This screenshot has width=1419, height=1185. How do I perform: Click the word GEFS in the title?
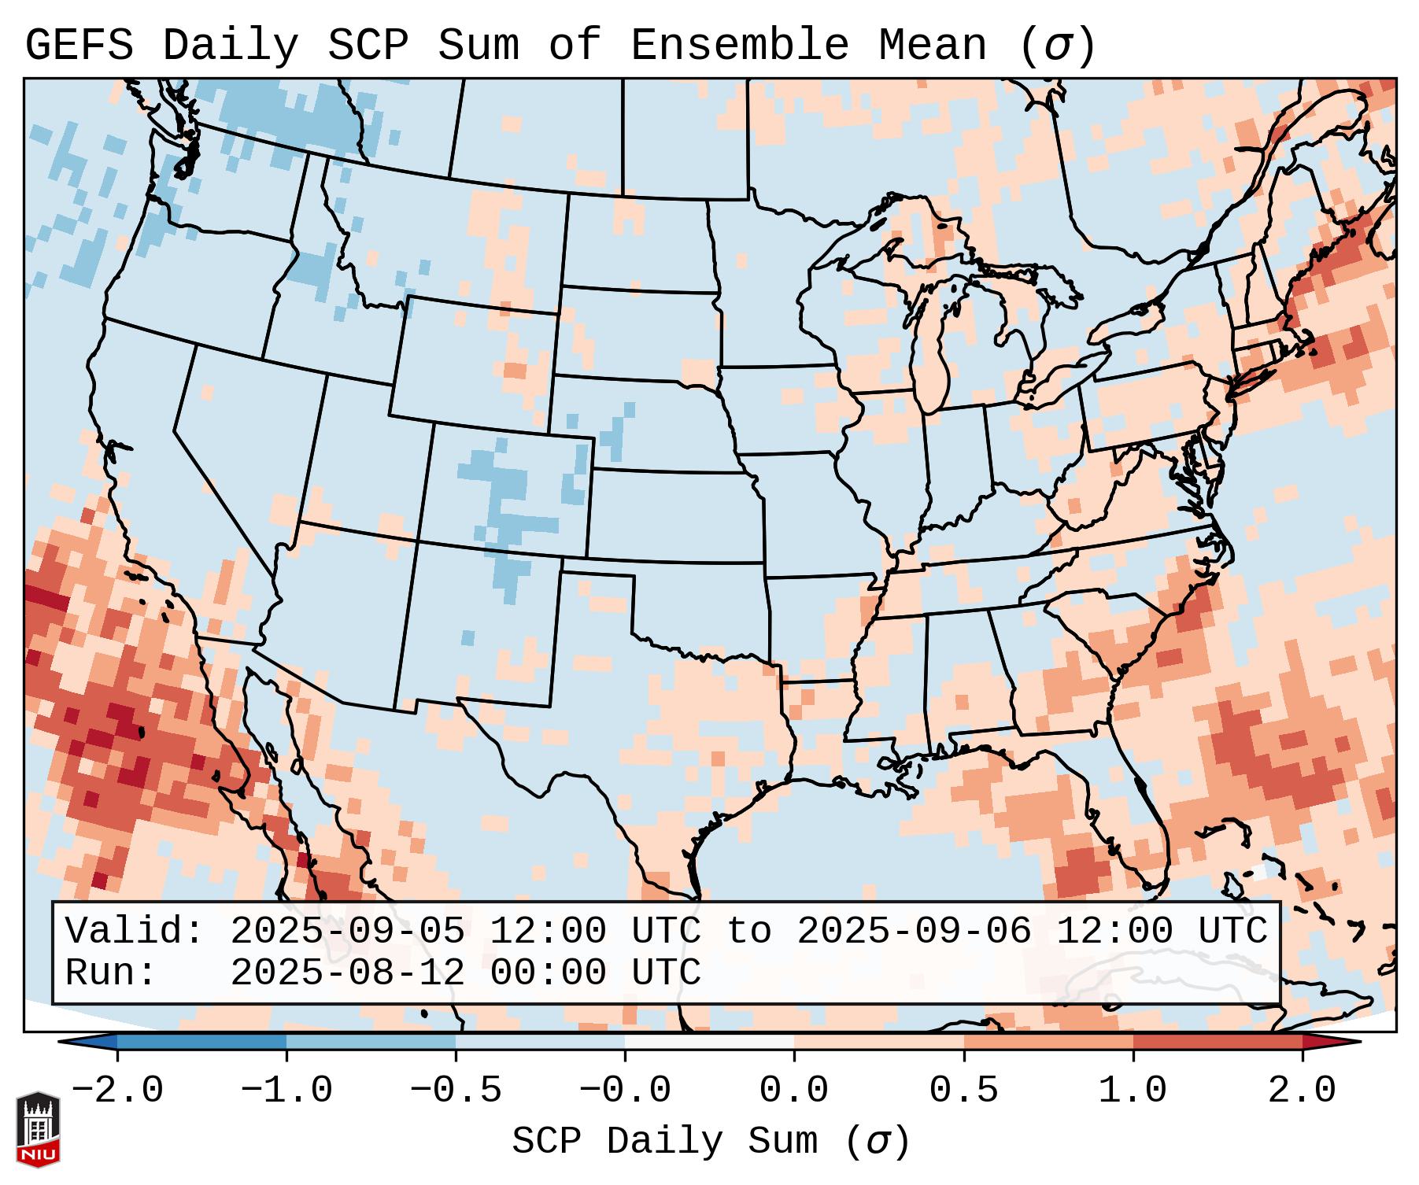point(79,46)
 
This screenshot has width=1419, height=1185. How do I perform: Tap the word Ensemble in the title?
point(740,46)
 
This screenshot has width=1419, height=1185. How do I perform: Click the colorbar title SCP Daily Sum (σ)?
point(711,1142)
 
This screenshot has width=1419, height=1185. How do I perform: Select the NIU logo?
point(38,1129)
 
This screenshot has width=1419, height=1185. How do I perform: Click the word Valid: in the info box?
point(135,932)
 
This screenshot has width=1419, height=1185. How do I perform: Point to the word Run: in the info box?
point(111,973)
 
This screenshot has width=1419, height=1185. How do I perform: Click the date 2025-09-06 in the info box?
point(914,932)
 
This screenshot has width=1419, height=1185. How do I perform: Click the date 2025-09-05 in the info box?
point(347,932)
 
